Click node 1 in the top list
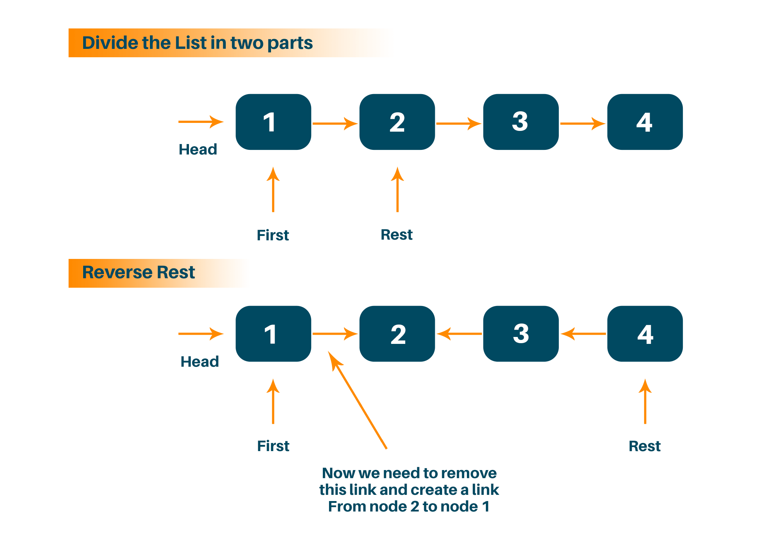coord(273,122)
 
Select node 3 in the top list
coord(521,122)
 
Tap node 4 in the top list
coord(645,122)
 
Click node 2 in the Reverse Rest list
coord(397,334)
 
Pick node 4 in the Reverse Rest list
coord(645,334)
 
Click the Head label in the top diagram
coord(198,150)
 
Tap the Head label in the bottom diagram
coord(200,362)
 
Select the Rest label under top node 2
coord(396,235)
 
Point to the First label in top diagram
coord(273,235)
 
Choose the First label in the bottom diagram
coord(273,446)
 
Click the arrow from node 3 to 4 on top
coord(582,124)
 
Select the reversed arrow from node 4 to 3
coord(583,334)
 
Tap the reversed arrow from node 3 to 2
coord(459,334)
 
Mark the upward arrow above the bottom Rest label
coord(645,401)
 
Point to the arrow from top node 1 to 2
coord(334,124)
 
